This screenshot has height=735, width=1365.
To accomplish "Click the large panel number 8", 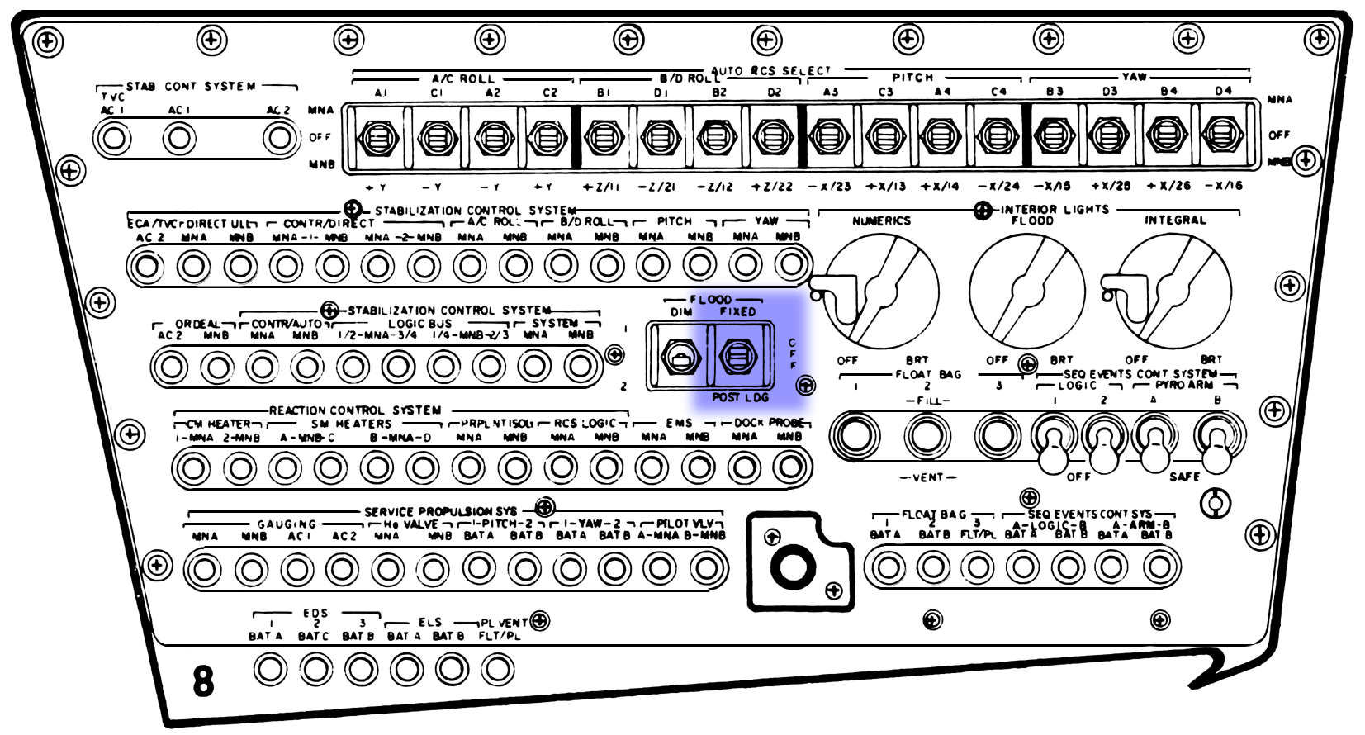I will [203, 681].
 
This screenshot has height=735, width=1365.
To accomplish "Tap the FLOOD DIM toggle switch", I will [680, 358].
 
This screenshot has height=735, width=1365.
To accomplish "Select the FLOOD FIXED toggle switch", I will [738, 358].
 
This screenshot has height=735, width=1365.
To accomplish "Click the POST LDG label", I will [740, 397].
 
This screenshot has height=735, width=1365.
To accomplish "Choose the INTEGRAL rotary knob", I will [1172, 291].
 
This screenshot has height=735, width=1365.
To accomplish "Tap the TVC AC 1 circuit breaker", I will [113, 138].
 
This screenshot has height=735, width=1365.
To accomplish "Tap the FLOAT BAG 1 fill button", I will [855, 434].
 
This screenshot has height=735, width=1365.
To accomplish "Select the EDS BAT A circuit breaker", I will [270, 668].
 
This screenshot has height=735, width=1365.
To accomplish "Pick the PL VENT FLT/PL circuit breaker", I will [498, 668].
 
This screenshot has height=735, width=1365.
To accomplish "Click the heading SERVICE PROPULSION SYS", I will [440, 512].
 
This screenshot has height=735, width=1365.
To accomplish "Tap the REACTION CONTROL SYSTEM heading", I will [355, 410].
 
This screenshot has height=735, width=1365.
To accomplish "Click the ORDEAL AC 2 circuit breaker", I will [172, 366].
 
